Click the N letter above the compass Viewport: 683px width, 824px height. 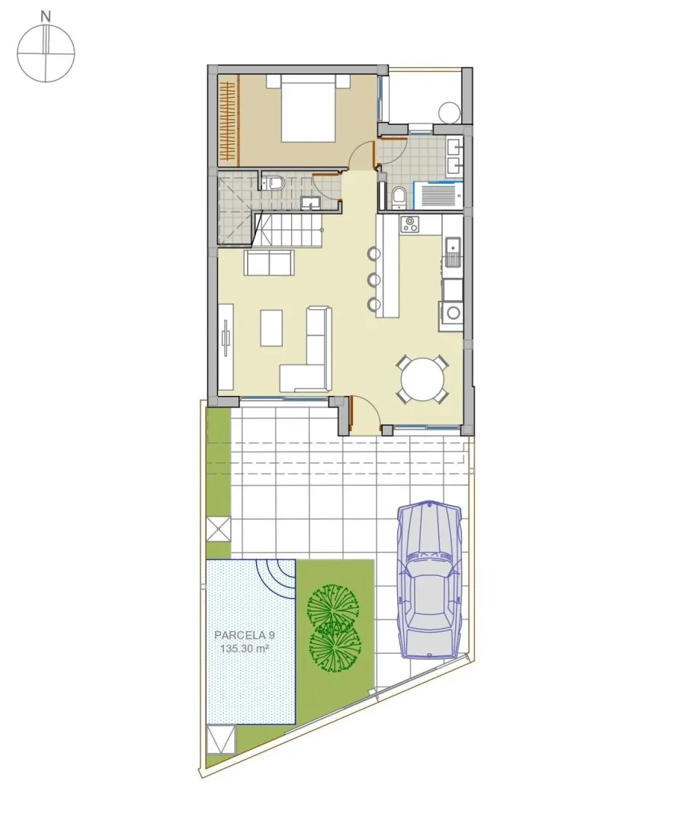click(x=46, y=16)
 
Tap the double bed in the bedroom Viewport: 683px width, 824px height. click(x=308, y=108)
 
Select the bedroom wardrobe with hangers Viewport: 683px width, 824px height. click(x=229, y=119)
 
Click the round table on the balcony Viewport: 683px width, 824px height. click(x=450, y=112)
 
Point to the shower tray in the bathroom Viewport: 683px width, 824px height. click(x=439, y=193)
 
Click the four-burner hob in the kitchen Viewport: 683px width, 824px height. click(x=409, y=224)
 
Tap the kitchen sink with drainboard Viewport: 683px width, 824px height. click(x=452, y=251)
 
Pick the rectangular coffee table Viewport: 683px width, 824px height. click(x=271, y=328)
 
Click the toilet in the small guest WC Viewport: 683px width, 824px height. click(x=274, y=182)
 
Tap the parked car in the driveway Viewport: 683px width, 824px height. click(x=430, y=580)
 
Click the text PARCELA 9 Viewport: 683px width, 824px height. click(x=245, y=635)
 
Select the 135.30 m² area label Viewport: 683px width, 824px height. click(x=245, y=649)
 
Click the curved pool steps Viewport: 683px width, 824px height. click(x=276, y=579)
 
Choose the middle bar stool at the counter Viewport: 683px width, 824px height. click(x=374, y=279)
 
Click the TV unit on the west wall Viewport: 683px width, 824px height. click(x=226, y=346)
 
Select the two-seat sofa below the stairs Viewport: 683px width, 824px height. click(x=269, y=262)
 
